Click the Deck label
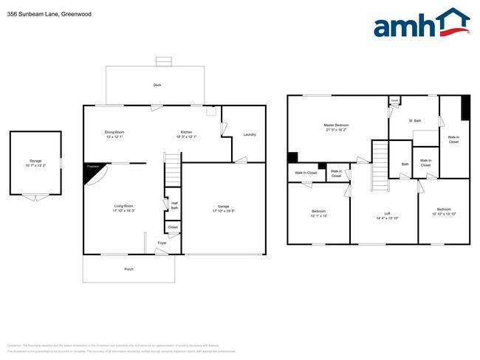tap(157, 85)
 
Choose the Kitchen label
tap(185, 134)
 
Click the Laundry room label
tap(249, 134)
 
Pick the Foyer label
tap(162, 242)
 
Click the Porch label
tap(128, 269)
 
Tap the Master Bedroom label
tap(336, 127)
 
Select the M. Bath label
tap(414, 120)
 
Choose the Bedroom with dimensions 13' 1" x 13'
tap(318, 213)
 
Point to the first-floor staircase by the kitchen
tap(172, 170)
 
